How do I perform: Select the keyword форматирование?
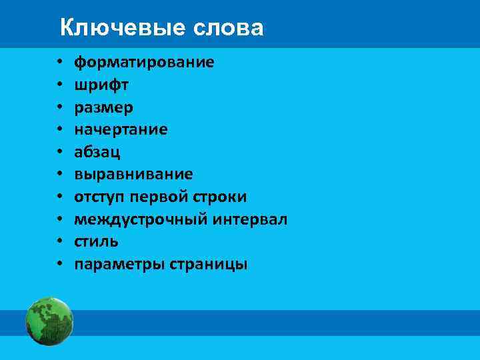coord(144,63)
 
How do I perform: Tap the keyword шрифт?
coord(101,85)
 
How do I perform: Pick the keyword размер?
coord(103,107)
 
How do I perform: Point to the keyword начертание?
coord(121,129)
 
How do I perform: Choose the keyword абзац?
coord(97,152)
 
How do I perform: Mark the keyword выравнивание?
coord(133,174)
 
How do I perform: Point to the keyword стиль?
coord(96,241)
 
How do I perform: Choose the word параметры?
coord(112,265)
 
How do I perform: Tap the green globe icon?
coord(49,321)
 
